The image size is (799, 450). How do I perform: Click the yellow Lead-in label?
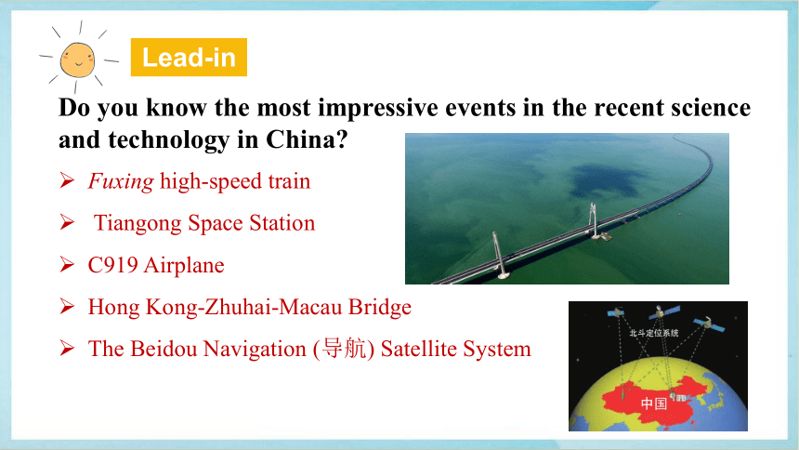(189, 57)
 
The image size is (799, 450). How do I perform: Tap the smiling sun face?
(77, 60)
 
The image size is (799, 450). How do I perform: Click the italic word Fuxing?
(121, 181)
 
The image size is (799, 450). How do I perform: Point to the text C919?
(112, 265)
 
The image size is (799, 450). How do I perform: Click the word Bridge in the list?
(380, 307)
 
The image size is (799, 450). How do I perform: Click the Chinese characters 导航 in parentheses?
(344, 349)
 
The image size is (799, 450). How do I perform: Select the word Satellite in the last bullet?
(419, 349)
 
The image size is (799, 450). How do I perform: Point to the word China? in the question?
(307, 139)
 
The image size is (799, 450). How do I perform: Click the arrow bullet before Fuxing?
(67, 180)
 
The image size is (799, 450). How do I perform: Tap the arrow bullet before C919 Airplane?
(67, 264)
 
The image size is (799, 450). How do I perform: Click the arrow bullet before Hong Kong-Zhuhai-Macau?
(67, 306)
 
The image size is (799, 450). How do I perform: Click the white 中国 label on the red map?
(654, 404)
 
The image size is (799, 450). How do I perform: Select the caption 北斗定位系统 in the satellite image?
(654, 333)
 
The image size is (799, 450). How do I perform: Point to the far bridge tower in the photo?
(594, 220)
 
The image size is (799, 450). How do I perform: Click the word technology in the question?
(169, 140)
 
